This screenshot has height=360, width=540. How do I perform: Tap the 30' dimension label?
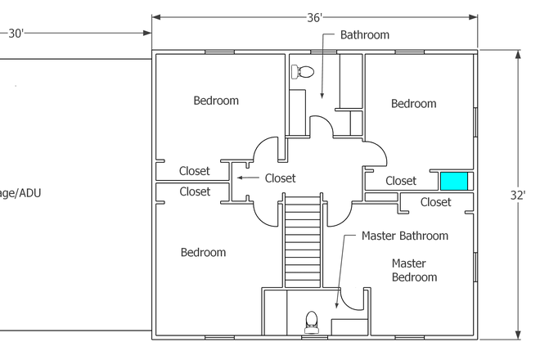[16, 34]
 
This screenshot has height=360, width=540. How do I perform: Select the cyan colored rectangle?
[454, 181]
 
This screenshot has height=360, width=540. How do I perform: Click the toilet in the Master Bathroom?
[311, 321]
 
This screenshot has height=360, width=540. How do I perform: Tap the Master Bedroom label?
[414, 270]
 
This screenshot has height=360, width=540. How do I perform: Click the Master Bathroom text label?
[404, 236]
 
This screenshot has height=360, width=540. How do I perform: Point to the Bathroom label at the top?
[365, 35]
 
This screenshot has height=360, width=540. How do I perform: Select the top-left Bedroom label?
[216, 101]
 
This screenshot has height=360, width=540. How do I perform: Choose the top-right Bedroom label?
[413, 103]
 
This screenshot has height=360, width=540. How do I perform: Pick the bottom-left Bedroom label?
[203, 252]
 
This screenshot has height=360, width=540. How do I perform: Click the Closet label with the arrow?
[280, 178]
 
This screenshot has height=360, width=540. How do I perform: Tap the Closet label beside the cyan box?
[401, 181]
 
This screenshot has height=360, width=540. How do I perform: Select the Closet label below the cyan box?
[435, 202]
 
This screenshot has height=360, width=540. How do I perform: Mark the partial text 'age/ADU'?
[20, 193]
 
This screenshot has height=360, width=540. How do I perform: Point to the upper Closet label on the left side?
[195, 171]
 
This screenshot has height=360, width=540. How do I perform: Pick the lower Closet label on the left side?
[195, 191]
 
